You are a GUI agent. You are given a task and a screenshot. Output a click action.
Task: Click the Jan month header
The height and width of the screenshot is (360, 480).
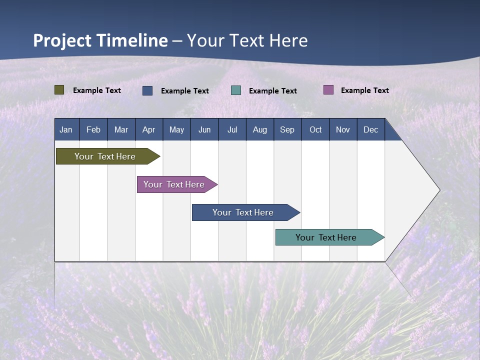click(66, 129)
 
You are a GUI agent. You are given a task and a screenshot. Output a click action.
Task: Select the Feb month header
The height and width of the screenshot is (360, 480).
click(93, 129)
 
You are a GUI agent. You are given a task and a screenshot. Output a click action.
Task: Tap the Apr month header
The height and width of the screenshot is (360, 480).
click(148, 129)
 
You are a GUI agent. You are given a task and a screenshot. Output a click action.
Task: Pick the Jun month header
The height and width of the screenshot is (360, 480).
click(204, 129)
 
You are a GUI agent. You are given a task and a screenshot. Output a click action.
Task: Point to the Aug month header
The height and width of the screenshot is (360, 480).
click(260, 129)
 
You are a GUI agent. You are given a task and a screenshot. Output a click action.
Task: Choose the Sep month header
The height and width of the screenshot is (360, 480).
click(287, 129)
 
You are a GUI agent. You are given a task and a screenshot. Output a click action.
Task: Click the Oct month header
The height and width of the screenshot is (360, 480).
click(315, 129)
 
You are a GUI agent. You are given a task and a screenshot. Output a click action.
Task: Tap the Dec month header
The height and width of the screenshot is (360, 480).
click(370, 129)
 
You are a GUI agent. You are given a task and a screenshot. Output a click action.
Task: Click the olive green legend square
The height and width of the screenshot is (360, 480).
click(59, 90)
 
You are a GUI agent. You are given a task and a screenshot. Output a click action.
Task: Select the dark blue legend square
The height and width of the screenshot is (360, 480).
click(147, 90)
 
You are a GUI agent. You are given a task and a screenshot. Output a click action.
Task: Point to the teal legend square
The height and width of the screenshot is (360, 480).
click(236, 90)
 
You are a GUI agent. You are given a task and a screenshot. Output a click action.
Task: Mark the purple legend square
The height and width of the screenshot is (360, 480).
click(328, 90)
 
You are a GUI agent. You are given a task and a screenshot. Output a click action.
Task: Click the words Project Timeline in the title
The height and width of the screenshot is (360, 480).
click(100, 40)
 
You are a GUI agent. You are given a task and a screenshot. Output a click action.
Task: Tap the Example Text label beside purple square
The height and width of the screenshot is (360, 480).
click(364, 90)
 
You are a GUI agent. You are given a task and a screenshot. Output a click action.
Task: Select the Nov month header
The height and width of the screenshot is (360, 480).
click(343, 129)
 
